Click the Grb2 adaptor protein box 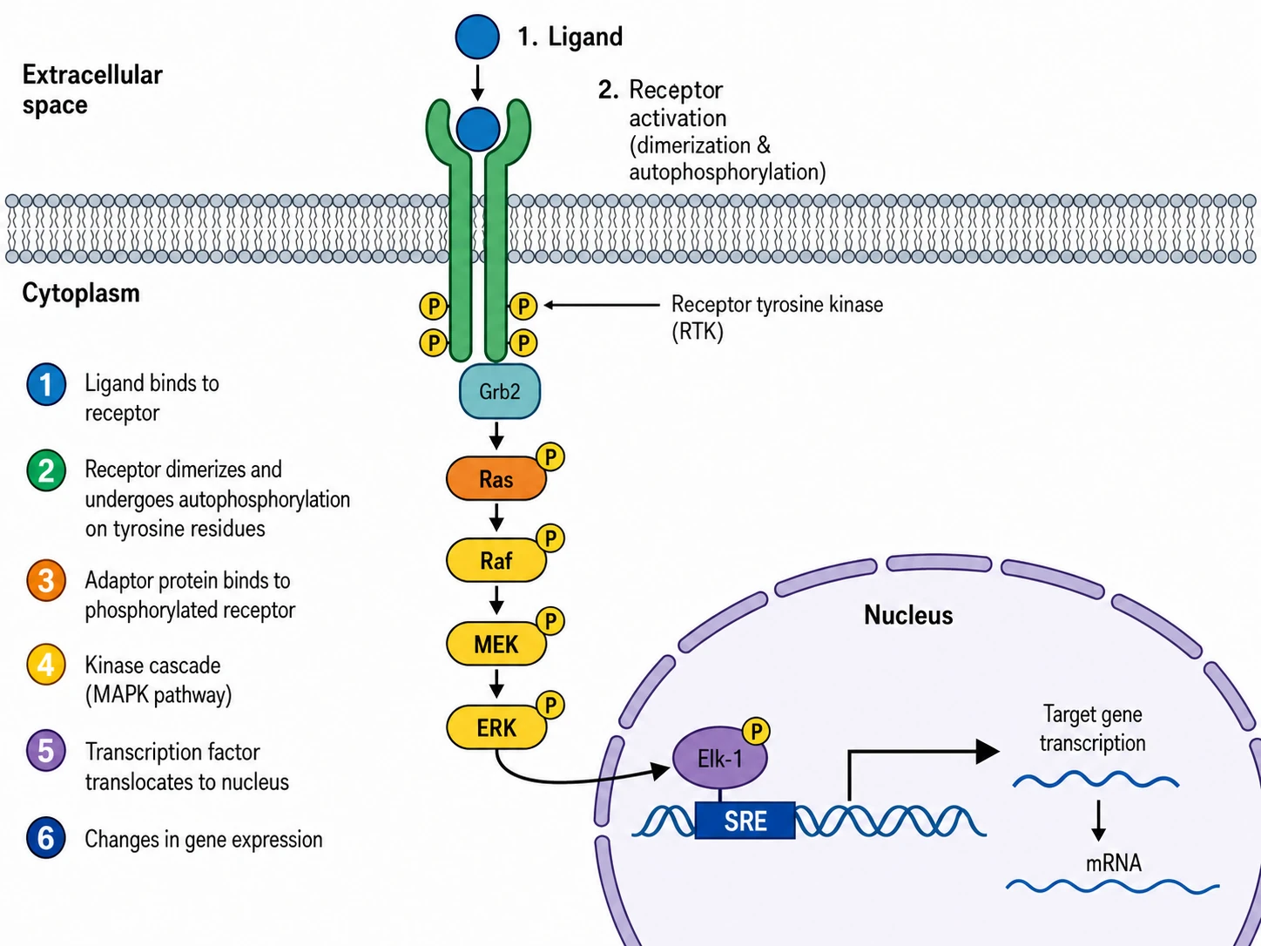coord(499,391)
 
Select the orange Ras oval coord(496,478)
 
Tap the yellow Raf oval coord(496,560)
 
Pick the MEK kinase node coord(496,644)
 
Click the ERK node coord(496,727)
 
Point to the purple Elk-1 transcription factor coord(720,758)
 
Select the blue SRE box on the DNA coord(745,821)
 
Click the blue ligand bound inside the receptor coord(478,129)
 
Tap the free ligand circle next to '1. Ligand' coord(477,37)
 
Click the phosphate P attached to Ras coord(550,457)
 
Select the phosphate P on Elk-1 coord(756,731)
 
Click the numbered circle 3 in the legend coord(46,580)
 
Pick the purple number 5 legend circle coord(46,751)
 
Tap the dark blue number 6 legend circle coord(46,837)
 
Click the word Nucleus coord(908,615)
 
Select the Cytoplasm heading coord(81,293)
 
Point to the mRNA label coord(1113,862)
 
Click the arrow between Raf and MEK coord(496,600)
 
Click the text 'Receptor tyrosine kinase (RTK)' coord(778,318)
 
